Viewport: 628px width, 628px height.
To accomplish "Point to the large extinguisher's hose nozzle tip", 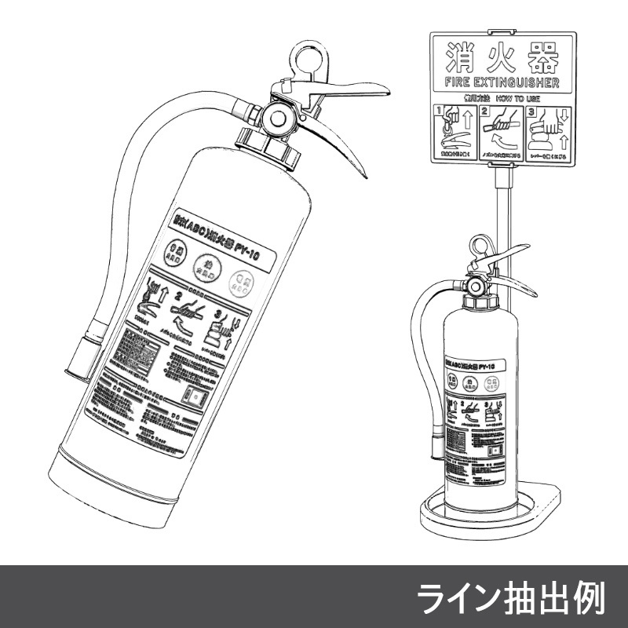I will click(x=79, y=357).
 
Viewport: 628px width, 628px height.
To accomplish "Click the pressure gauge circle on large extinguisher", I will click(x=277, y=119).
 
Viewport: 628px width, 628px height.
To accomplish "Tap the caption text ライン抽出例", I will click(x=510, y=599).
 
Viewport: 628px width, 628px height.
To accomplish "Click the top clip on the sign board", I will click(x=502, y=32).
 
